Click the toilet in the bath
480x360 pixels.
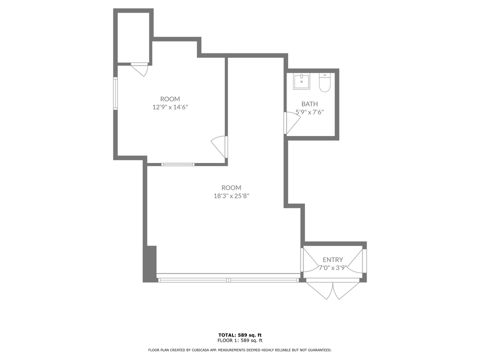click(x=324, y=83)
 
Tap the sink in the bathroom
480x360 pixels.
click(x=301, y=81)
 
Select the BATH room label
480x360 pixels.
click(x=309, y=104)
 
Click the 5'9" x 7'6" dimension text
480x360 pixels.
click(x=309, y=112)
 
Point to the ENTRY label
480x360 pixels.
click(x=332, y=259)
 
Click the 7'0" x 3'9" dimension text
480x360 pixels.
click(x=332, y=267)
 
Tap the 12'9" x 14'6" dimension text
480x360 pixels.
click(x=170, y=106)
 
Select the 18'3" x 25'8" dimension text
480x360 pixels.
click(x=231, y=195)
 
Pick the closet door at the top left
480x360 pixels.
click(x=140, y=68)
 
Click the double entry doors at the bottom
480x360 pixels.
click(x=332, y=290)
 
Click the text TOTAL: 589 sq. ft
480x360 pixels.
click(x=240, y=334)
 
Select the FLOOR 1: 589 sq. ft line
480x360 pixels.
click(x=240, y=340)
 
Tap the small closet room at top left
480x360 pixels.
click(x=133, y=37)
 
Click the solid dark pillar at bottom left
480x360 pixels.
click(x=150, y=263)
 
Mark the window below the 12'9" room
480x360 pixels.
click(x=177, y=164)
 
